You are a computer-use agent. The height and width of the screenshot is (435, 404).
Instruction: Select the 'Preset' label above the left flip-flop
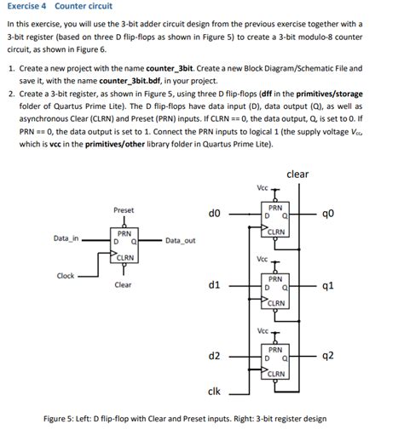tap(124, 209)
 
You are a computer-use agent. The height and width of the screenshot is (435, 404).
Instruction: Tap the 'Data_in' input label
tap(65, 239)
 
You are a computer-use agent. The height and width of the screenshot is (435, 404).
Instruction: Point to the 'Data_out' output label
tap(181, 240)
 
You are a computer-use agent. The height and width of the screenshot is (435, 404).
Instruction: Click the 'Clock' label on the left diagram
tap(66, 275)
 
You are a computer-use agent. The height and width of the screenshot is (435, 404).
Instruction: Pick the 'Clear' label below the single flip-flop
tap(123, 284)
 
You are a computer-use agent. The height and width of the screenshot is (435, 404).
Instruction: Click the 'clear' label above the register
tap(297, 174)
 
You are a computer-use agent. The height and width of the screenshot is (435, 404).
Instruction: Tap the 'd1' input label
tap(215, 284)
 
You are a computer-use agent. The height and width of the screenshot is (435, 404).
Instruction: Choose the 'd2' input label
tap(215, 355)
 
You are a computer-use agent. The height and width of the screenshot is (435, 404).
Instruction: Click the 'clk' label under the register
tap(215, 391)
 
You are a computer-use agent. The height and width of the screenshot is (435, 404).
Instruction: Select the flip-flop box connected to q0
tap(275, 220)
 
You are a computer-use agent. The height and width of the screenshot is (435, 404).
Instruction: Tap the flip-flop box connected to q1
tap(275, 290)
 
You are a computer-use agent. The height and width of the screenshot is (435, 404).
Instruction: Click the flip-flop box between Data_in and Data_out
tap(124, 245)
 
